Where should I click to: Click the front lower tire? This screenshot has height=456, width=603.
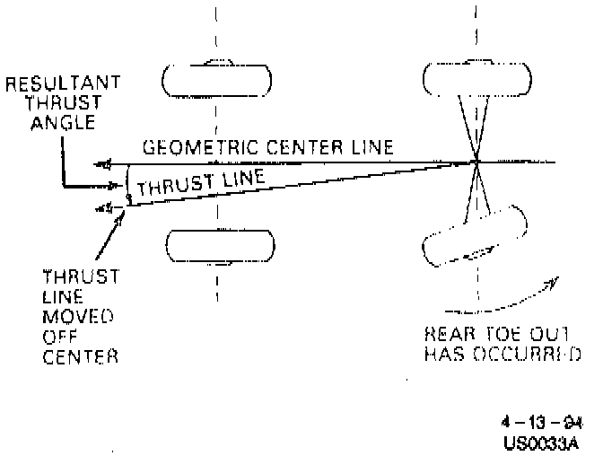click(216, 245)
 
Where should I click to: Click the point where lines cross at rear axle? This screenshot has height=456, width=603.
click(476, 162)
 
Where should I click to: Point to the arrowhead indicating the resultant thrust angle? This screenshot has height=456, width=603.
click(111, 186)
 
